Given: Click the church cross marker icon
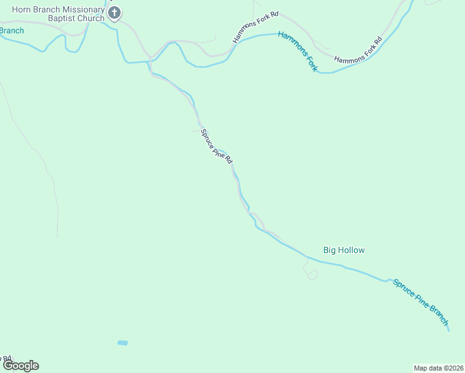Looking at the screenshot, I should click(114, 13).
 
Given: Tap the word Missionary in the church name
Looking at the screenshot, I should click(81, 10).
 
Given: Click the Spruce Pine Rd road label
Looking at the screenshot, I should click(216, 146).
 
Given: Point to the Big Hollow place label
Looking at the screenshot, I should click(344, 250).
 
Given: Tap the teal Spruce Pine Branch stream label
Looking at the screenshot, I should click(420, 302).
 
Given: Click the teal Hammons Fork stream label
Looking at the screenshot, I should click(297, 51).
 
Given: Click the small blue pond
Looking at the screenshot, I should click(122, 343).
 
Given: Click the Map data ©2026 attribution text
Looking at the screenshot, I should click(438, 367).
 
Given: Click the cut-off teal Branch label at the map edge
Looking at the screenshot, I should click(11, 30).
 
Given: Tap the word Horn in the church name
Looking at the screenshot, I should click(22, 10).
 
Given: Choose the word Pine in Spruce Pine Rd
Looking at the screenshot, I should click(218, 149).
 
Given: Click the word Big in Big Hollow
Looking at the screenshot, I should click(329, 250).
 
